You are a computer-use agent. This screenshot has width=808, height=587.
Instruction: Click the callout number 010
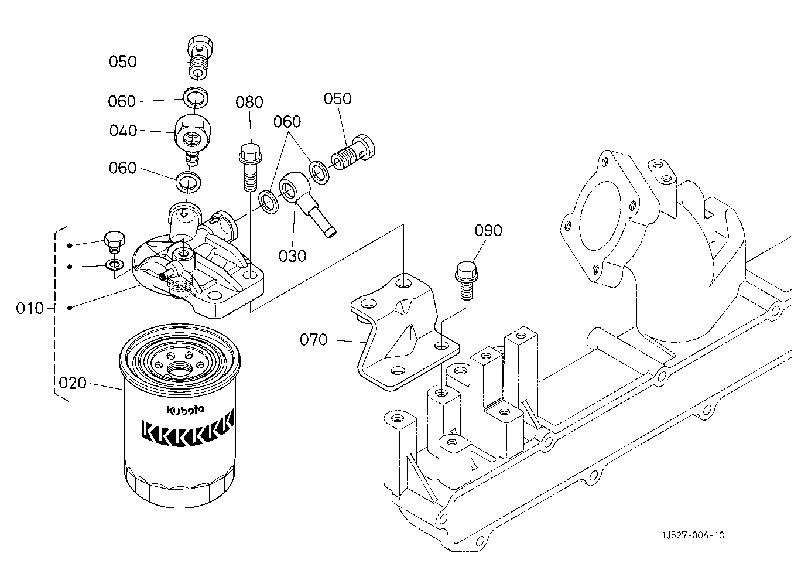click(30, 308)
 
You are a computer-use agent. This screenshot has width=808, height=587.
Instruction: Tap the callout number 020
click(73, 383)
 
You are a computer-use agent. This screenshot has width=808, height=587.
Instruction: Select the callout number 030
click(292, 256)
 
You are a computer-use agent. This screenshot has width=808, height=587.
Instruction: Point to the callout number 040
click(123, 131)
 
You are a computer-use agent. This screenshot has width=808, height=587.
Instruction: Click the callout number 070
click(313, 340)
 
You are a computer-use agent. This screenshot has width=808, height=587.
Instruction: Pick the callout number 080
click(249, 102)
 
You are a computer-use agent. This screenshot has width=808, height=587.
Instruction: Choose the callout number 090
click(488, 230)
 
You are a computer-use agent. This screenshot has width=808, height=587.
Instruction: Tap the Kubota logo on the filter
click(185, 409)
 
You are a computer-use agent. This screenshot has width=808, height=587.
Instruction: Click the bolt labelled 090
click(467, 281)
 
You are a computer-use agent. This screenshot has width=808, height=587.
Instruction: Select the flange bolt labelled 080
click(251, 167)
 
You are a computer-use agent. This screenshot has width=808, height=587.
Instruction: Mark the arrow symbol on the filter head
click(184, 213)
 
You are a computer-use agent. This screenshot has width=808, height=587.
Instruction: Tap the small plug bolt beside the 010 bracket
click(114, 242)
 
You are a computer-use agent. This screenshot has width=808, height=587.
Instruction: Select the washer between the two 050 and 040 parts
click(196, 97)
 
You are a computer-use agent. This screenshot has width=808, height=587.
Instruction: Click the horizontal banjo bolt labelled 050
click(353, 152)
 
